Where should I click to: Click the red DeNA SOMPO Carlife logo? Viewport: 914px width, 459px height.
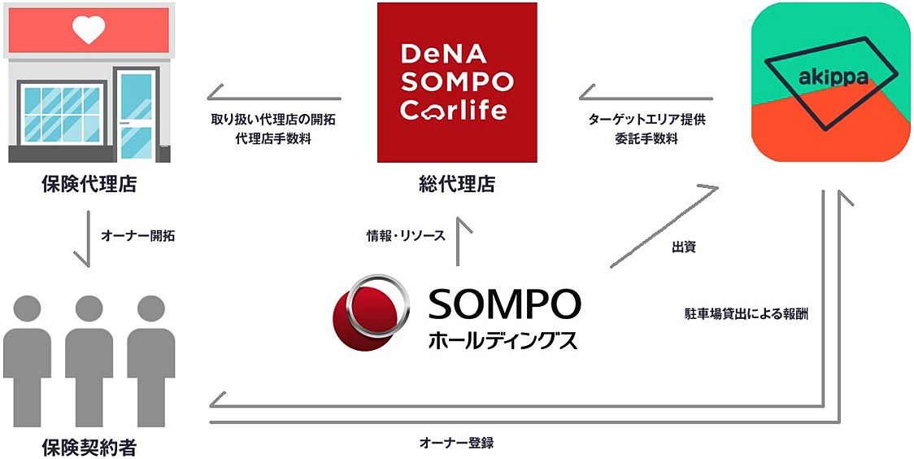tap(457, 81)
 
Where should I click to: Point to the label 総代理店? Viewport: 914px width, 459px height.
tap(457, 185)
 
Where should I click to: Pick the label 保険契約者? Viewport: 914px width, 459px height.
tap(89, 447)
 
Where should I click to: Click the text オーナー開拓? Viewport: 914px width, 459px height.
tap(137, 237)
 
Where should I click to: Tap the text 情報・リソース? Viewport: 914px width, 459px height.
tap(406, 236)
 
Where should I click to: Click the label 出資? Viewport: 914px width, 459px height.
tap(683, 247)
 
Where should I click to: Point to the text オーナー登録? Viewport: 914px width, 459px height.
tap(456, 443)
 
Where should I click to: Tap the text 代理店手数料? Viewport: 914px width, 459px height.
tap(272, 138)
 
